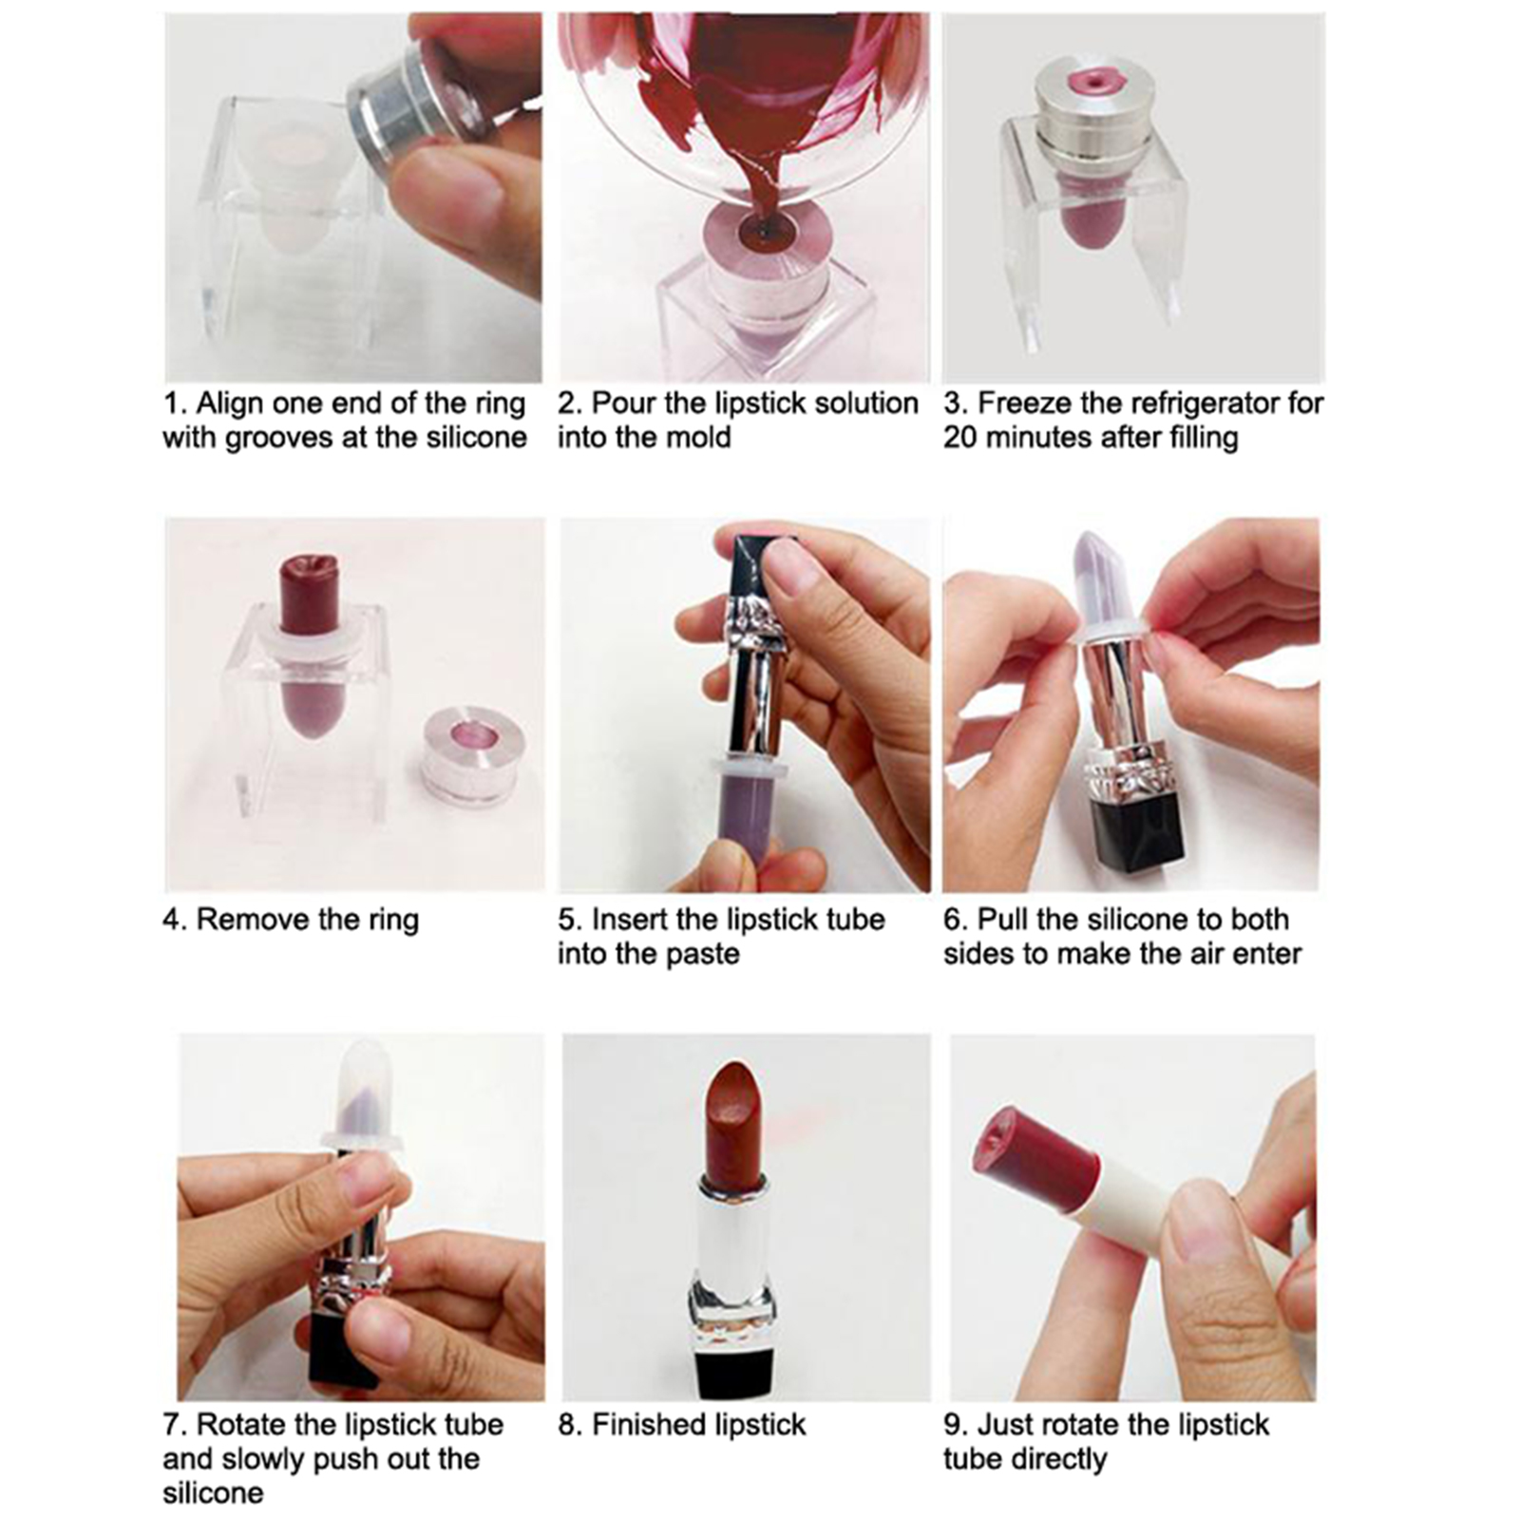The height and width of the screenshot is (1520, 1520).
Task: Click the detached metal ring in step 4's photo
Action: click(x=469, y=754)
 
